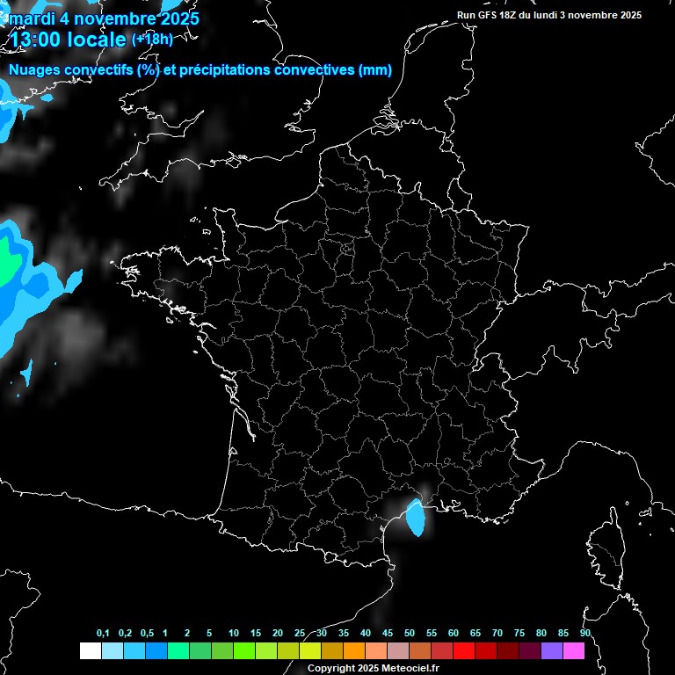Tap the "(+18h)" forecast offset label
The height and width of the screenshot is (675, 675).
(x=152, y=40)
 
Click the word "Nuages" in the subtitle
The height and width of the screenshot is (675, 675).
(x=35, y=70)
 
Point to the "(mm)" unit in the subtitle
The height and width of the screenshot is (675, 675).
(x=375, y=70)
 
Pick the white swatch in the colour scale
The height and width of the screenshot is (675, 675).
(x=91, y=651)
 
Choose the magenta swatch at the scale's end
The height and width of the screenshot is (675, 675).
(x=574, y=651)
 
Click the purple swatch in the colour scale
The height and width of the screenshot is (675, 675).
(x=552, y=651)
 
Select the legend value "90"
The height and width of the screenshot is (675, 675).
(x=584, y=634)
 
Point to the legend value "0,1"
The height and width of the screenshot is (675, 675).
(x=103, y=634)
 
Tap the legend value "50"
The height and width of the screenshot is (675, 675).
(x=410, y=634)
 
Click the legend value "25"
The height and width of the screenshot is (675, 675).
(x=300, y=634)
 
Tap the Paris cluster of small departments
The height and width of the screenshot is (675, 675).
(x=346, y=250)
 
